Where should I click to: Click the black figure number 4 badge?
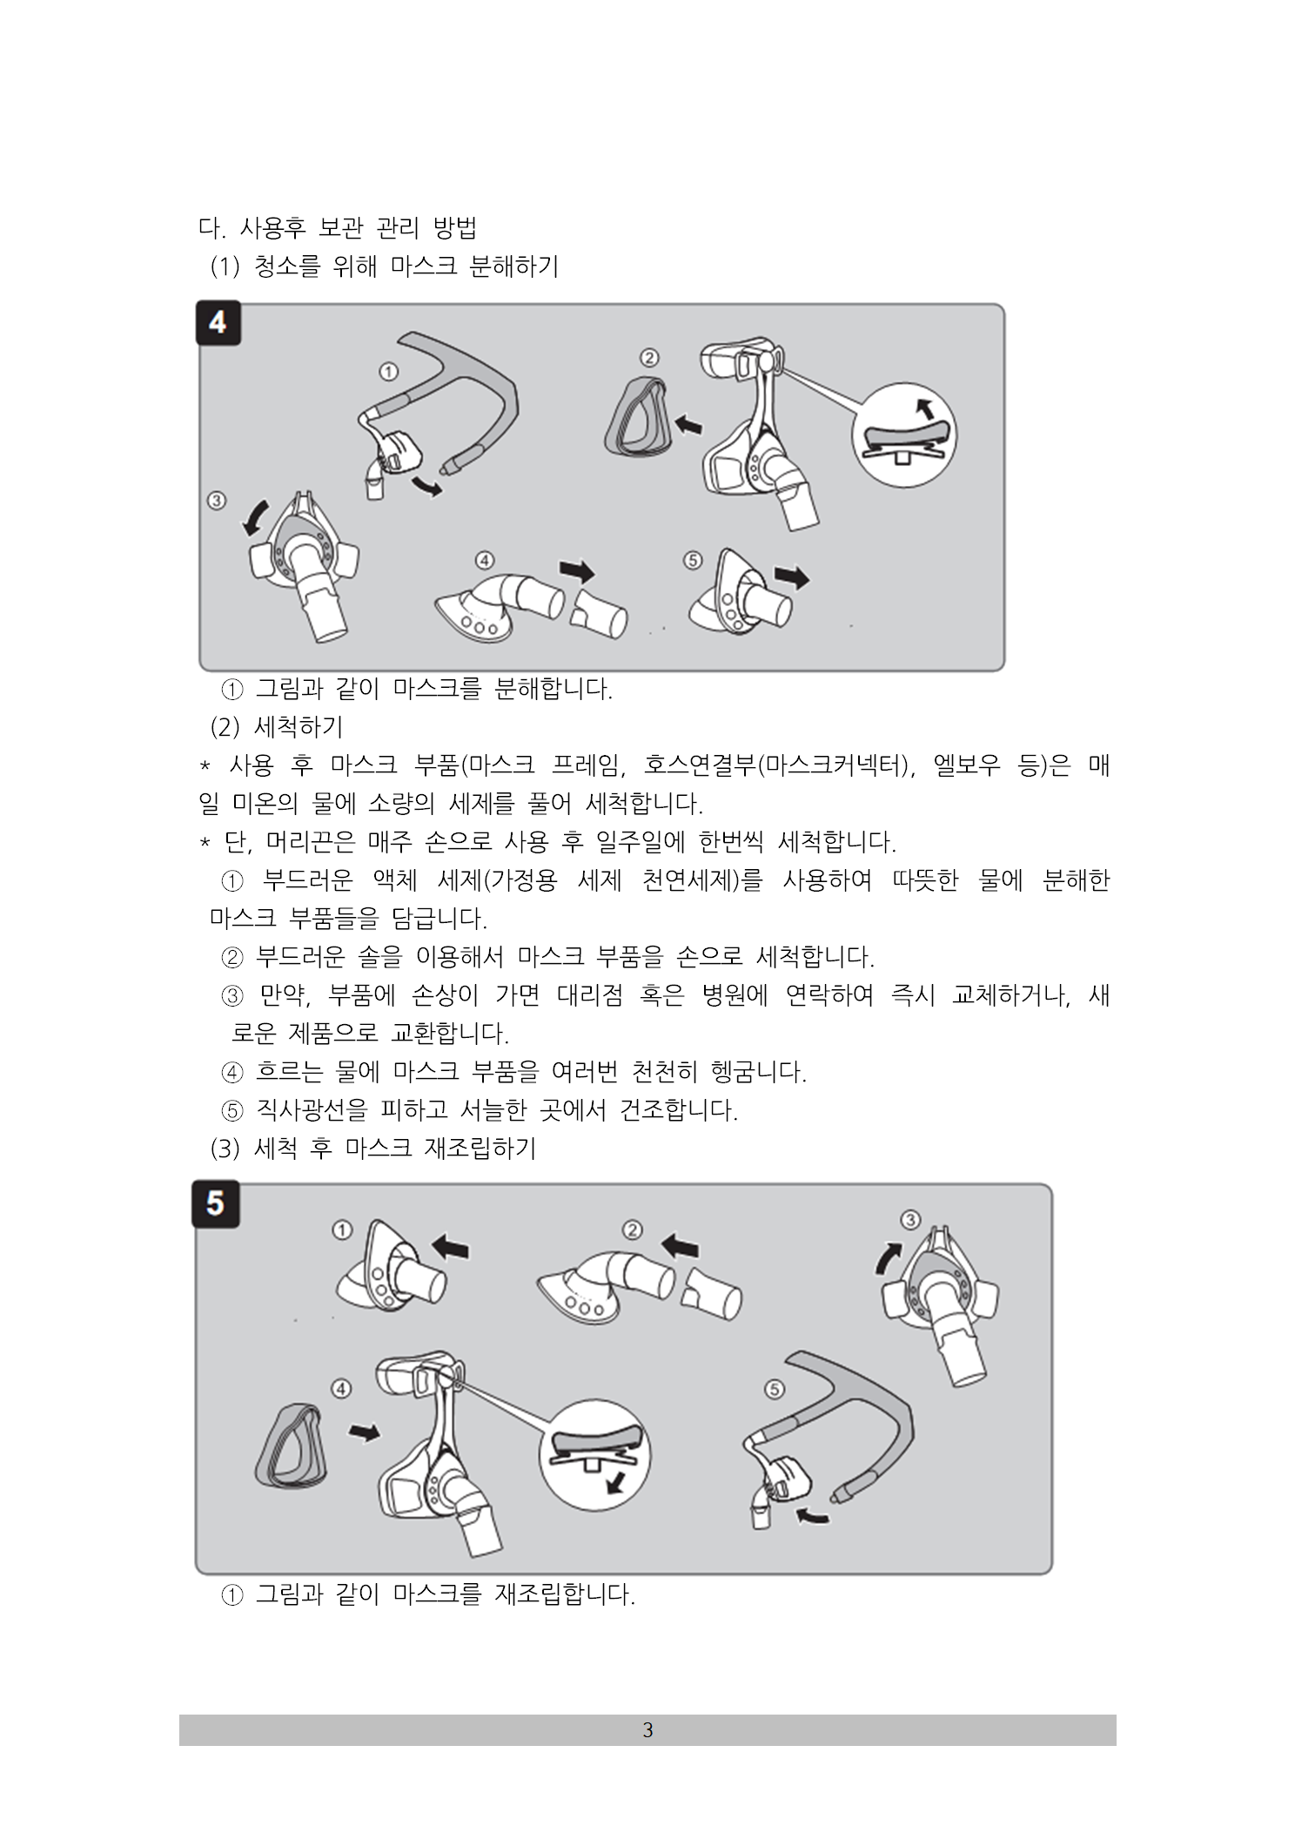(218, 323)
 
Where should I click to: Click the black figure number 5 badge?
(216, 1204)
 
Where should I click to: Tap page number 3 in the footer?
(647, 1730)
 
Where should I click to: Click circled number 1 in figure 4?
(389, 372)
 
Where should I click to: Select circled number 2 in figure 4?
(649, 357)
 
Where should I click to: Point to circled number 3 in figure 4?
(217, 501)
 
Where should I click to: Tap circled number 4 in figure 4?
(484, 560)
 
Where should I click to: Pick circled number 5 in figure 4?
(693, 560)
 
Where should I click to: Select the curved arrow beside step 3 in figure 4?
(255, 517)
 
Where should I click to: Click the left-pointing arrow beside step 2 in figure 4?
(688, 425)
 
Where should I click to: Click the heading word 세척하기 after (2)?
(299, 725)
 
